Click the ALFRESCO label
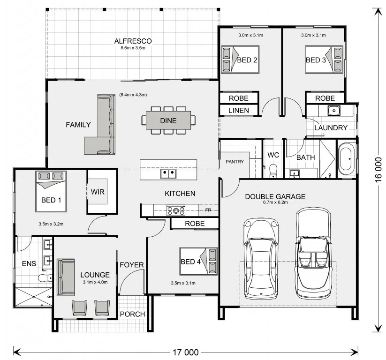pyautogui.click(x=133, y=41)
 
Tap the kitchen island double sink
pyautogui.click(x=168, y=173)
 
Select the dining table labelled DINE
pyautogui.click(x=168, y=120)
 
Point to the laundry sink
pyautogui.click(x=334, y=111)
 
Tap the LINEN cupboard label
pyautogui.click(x=239, y=111)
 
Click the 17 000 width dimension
pyautogui.click(x=186, y=352)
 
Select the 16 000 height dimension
pyautogui.click(x=378, y=170)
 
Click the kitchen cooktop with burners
pyautogui.click(x=176, y=210)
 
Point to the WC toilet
pyautogui.click(x=273, y=171)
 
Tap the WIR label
pyautogui.click(x=98, y=192)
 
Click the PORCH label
pyautogui.click(x=132, y=314)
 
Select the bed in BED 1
pyautogui.click(x=51, y=191)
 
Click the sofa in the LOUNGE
pyautogui.click(x=66, y=277)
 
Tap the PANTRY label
pyautogui.click(x=235, y=162)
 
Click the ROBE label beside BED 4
pyautogui.click(x=195, y=224)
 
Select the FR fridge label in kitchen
pyautogui.click(x=208, y=210)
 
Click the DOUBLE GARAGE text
pyautogui.click(x=275, y=196)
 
